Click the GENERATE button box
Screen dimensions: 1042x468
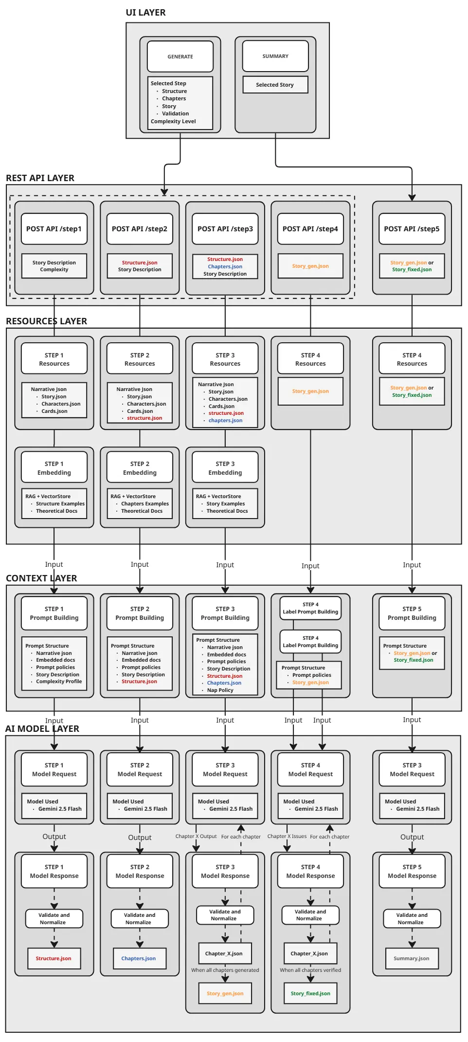[x=180, y=56]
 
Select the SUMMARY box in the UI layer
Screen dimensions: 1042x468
[x=275, y=56]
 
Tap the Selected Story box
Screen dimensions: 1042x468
[x=275, y=85]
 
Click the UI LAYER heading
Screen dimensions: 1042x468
[x=145, y=13]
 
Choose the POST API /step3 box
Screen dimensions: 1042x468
[x=225, y=229]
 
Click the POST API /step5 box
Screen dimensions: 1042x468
[x=412, y=229]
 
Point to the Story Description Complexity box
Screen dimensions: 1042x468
[x=54, y=266]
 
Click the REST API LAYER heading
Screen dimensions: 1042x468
[x=40, y=178]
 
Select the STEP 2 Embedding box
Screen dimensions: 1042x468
[x=140, y=468]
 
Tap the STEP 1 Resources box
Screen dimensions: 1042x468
[x=54, y=359]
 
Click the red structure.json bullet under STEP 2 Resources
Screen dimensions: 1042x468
[x=144, y=418]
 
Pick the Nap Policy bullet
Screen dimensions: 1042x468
[x=220, y=690]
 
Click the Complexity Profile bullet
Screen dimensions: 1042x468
[x=58, y=682]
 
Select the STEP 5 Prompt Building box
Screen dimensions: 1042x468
[x=412, y=614]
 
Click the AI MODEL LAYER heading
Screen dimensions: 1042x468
[x=42, y=729]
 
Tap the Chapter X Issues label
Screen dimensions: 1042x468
[x=287, y=837]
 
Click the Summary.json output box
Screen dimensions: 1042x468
[x=412, y=958]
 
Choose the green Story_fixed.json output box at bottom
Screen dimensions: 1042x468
[x=310, y=993]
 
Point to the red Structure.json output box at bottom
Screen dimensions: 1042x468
[x=54, y=958]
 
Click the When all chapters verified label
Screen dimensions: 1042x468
[x=310, y=970]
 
